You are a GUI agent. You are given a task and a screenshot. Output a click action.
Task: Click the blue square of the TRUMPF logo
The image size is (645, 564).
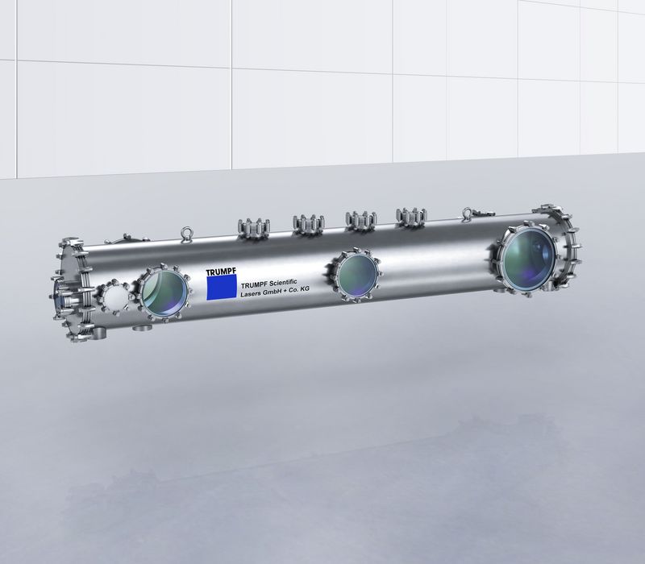click(221, 287)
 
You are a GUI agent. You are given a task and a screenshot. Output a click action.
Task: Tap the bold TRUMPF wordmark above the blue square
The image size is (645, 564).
click(221, 272)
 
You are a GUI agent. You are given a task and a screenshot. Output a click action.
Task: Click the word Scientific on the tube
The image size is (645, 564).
click(282, 283)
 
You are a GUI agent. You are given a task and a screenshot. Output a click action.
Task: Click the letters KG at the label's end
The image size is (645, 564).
click(305, 289)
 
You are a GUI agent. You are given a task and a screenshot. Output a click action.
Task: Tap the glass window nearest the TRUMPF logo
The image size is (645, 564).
click(164, 292)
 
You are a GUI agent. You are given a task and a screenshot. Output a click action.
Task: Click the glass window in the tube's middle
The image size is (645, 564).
click(357, 274)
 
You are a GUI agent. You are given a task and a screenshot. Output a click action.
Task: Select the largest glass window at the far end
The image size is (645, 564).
click(529, 257)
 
